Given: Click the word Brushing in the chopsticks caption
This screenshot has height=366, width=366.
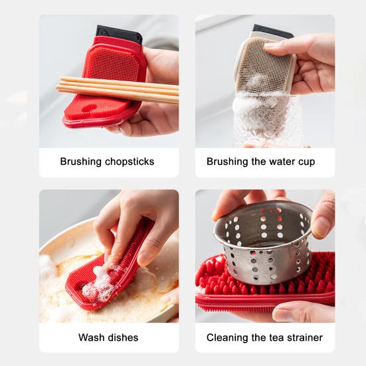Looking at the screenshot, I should pos(81,161).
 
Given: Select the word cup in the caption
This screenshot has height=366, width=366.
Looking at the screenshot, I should pos(306,161).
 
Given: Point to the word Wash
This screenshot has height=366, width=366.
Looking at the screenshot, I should pos(92,337).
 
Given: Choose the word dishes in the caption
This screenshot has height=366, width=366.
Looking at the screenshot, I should pos(123,337).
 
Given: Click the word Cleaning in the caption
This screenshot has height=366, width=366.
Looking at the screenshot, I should pos(229,337).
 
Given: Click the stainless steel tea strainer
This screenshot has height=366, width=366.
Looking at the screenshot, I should pos(262,246).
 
